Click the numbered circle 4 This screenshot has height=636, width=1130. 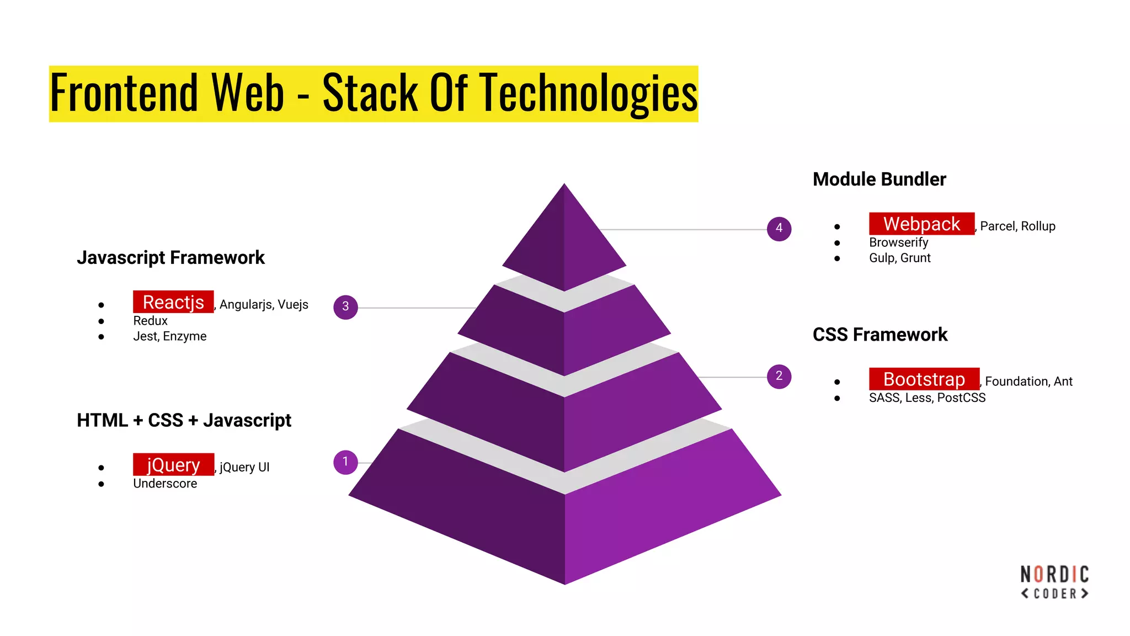point(779,229)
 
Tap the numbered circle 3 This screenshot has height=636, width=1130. point(345,307)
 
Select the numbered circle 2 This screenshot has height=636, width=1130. point(779,377)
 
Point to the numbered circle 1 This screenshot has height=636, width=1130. point(345,462)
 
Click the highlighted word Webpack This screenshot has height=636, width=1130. point(921,224)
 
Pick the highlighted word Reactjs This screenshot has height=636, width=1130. point(173,303)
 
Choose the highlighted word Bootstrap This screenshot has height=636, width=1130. point(924,379)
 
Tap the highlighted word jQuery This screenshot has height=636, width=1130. point(173,465)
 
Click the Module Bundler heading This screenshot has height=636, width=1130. point(879,179)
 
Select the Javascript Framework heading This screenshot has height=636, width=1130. point(170,258)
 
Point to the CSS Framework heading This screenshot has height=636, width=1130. point(880,335)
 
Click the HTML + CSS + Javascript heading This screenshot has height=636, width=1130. point(184,421)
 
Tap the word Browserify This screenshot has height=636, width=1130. point(898,242)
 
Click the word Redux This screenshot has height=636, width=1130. point(150,321)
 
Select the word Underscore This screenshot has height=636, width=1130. point(165,484)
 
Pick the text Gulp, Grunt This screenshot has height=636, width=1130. point(899,258)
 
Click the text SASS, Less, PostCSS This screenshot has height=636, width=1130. point(927,397)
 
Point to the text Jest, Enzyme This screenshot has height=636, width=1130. point(169,336)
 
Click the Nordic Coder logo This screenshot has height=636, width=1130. point(1054,582)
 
